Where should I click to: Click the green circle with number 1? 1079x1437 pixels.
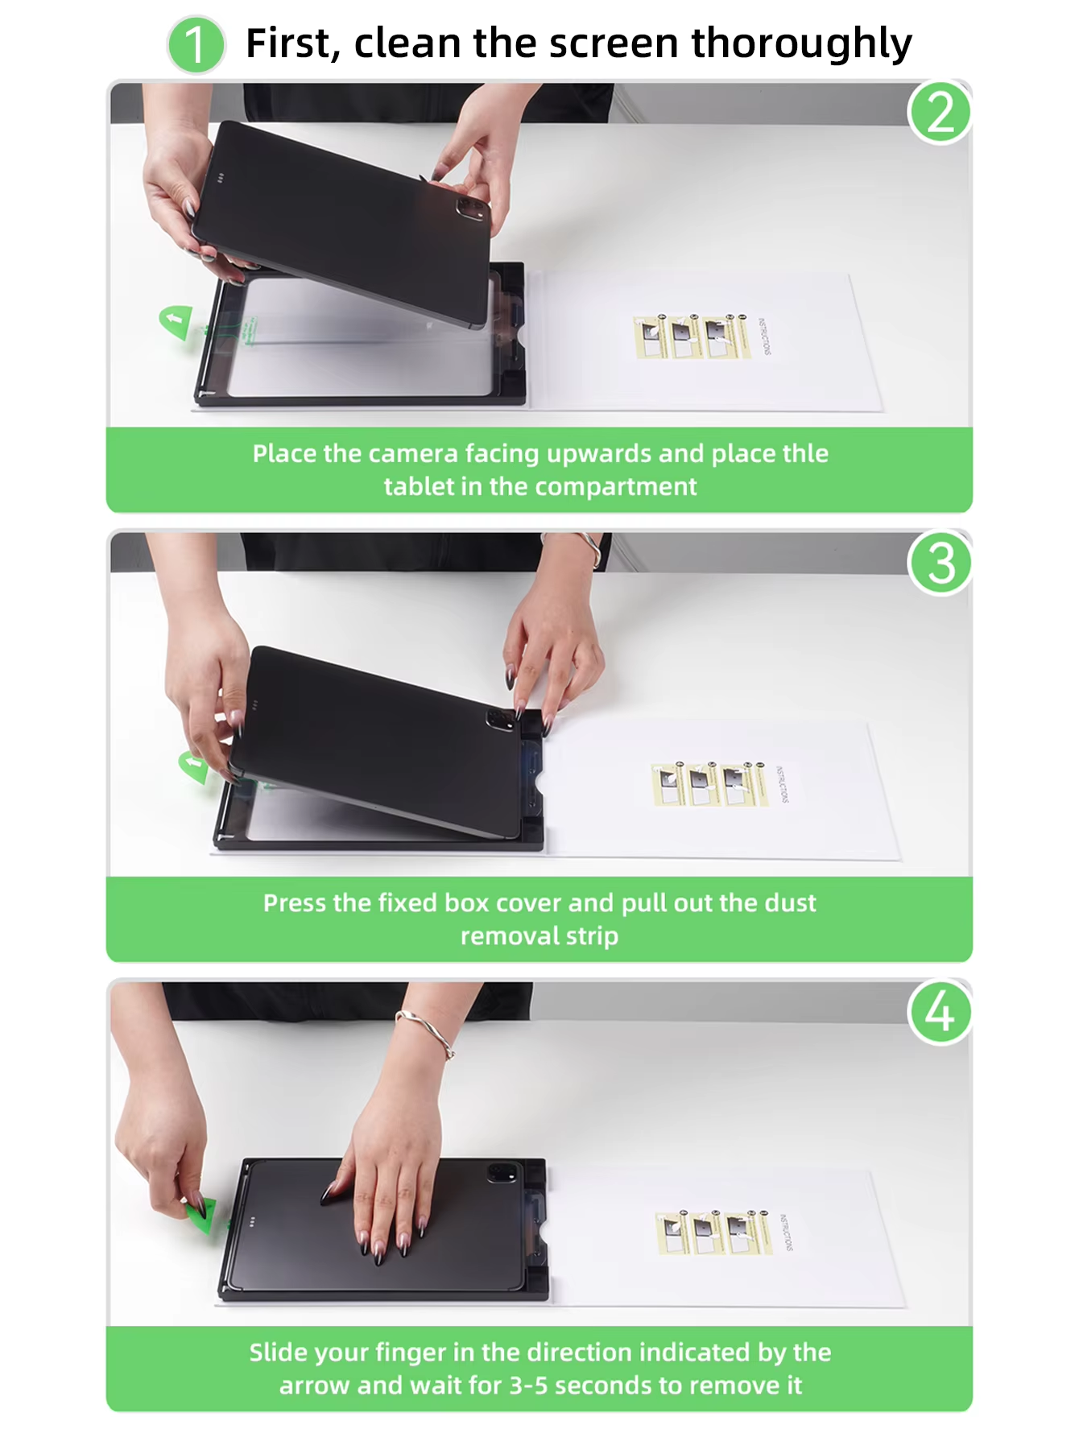196,45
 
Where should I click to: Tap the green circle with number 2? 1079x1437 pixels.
940,113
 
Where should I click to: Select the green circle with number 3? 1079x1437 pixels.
940,563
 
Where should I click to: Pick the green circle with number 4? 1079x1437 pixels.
940,1012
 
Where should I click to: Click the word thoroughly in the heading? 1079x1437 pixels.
801,43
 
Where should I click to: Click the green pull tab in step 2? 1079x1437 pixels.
176,321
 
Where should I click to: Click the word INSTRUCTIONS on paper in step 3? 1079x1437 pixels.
783,784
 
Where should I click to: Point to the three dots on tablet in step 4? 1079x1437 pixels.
252,1221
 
